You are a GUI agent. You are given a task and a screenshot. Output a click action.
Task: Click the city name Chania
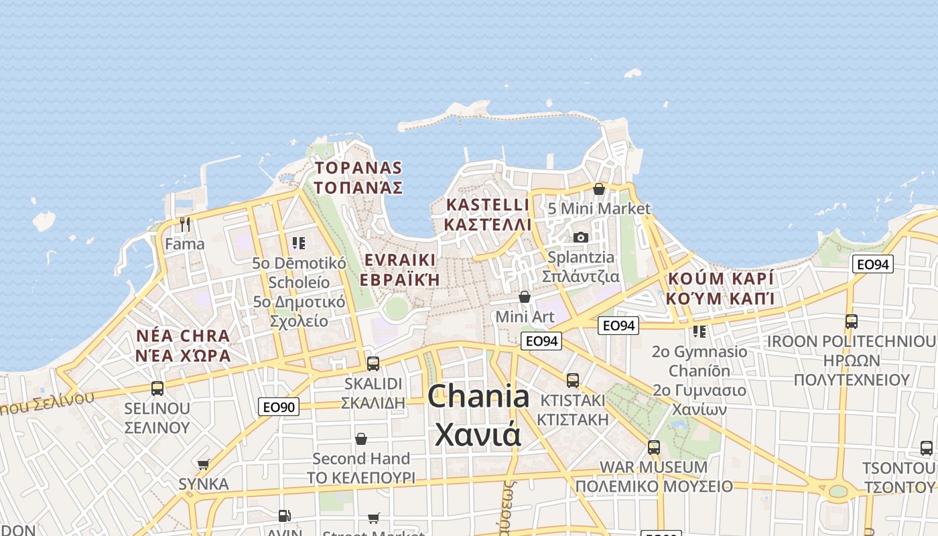pyautogui.click(x=478, y=397)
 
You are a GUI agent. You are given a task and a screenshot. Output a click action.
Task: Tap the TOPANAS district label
pyautogui.click(x=358, y=167)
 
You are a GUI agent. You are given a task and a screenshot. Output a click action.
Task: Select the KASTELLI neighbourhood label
pyautogui.click(x=487, y=204)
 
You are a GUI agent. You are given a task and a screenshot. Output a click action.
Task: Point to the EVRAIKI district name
pyautogui.click(x=399, y=260)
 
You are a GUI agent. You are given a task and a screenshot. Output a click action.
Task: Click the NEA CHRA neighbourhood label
pyautogui.click(x=182, y=336)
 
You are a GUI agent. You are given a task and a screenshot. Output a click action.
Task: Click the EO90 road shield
pyautogui.click(x=279, y=406)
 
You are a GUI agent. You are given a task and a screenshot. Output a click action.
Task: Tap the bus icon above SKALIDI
pyautogui.click(x=373, y=364)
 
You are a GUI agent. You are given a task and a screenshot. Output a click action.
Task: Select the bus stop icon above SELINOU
pyautogui.click(x=157, y=388)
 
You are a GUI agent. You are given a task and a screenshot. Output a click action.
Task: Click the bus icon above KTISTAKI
pyautogui.click(x=573, y=381)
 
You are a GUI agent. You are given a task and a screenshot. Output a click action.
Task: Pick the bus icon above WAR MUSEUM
pyautogui.click(x=654, y=447)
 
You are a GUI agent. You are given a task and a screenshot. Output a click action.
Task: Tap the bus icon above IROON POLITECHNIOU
pyautogui.click(x=851, y=322)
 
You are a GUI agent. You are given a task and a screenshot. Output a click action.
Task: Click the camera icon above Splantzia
pyautogui.click(x=580, y=237)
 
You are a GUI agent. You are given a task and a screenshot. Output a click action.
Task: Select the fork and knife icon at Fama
pyautogui.click(x=185, y=223)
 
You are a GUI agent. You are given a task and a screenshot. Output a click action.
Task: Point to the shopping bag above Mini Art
pyautogui.click(x=525, y=296)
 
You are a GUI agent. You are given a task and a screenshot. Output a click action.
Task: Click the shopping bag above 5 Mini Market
pyautogui.click(x=599, y=189)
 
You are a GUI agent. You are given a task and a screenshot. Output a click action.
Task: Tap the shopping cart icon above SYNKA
pyautogui.click(x=203, y=464)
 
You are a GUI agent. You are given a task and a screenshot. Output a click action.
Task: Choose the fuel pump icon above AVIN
pyautogui.click(x=284, y=516)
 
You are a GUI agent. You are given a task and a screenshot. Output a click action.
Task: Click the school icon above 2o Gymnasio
pyautogui.click(x=699, y=332)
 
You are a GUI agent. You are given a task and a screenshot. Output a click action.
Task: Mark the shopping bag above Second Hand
pyautogui.click(x=361, y=439)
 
